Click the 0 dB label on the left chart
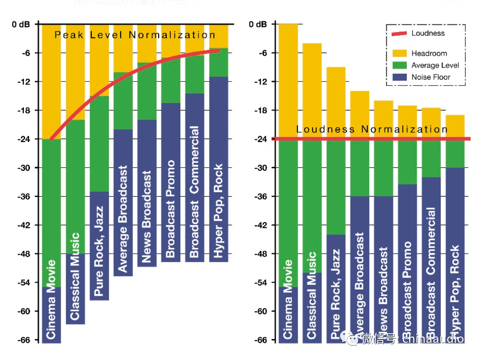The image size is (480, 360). (21, 24)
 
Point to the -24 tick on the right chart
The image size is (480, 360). (261, 139)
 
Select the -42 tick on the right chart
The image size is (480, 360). (261, 225)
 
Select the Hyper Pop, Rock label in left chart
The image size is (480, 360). (218, 211)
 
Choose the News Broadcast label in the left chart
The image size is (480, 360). (146, 217)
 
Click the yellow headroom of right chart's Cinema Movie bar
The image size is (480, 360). (288, 81)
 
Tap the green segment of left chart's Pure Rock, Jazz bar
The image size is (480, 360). (99, 144)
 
